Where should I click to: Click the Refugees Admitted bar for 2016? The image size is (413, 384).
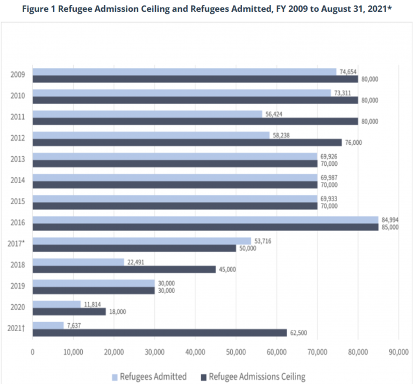(x=204, y=219)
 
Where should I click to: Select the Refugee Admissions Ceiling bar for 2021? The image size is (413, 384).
(x=159, y=332)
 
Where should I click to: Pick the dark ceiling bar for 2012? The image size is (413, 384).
(x=187, y=142)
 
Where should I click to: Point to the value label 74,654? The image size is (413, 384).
(x=347, y=72)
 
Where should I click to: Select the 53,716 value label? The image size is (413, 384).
(x=263, y=241)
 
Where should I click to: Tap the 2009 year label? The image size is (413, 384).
(x=17, y=75)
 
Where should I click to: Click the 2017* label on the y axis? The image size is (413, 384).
(x=16, y=244)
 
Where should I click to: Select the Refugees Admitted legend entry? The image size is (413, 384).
(x=151, y=376)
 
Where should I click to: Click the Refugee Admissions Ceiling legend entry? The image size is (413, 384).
(x=252, y=376)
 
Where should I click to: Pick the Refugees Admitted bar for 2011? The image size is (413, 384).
(x=147, y=114)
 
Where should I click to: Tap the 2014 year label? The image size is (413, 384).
(x=17, y=180)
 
